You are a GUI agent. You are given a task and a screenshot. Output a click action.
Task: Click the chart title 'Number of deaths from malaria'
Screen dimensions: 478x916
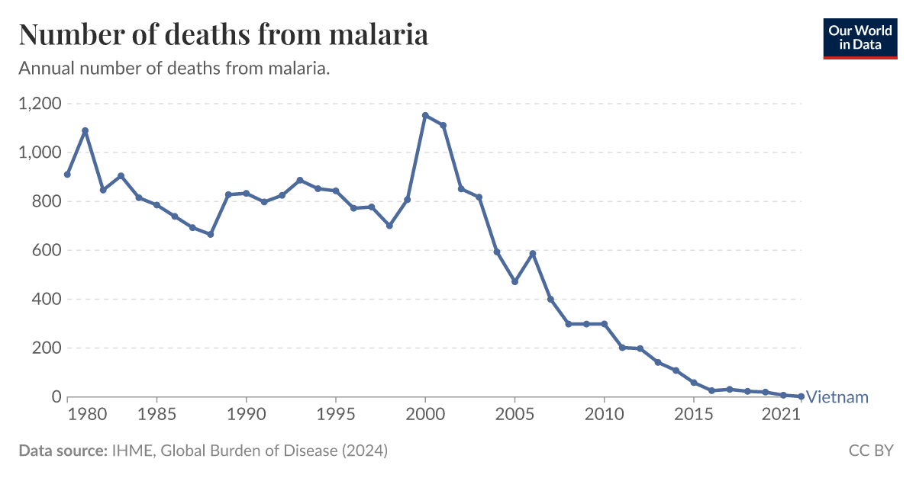tap(223, 35)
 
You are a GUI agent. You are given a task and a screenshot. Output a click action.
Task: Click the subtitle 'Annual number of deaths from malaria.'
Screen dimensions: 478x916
tap(174, 69)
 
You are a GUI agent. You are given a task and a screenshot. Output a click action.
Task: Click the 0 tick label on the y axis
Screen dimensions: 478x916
tap(56, 396)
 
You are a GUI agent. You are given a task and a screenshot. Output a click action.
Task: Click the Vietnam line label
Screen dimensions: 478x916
tap(837, 397)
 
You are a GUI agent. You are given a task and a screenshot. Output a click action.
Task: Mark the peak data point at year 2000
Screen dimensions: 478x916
tap(425, 115)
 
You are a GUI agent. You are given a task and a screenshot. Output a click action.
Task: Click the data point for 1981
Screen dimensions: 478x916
tap(85, 130)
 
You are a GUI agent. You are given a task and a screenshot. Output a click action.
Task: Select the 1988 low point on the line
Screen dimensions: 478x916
tap(211, 234)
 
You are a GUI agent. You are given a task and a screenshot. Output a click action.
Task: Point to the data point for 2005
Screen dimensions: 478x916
tap(514, 281)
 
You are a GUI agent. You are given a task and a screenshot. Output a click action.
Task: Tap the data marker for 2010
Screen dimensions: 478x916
tap(604, 324)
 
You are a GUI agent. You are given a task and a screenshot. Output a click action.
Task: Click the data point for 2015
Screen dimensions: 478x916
tap(693, 382)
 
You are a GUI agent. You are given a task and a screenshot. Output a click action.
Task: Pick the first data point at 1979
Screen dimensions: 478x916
tap(67, 175)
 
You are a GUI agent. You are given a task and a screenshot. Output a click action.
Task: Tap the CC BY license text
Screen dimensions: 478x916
tap(870, 451)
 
